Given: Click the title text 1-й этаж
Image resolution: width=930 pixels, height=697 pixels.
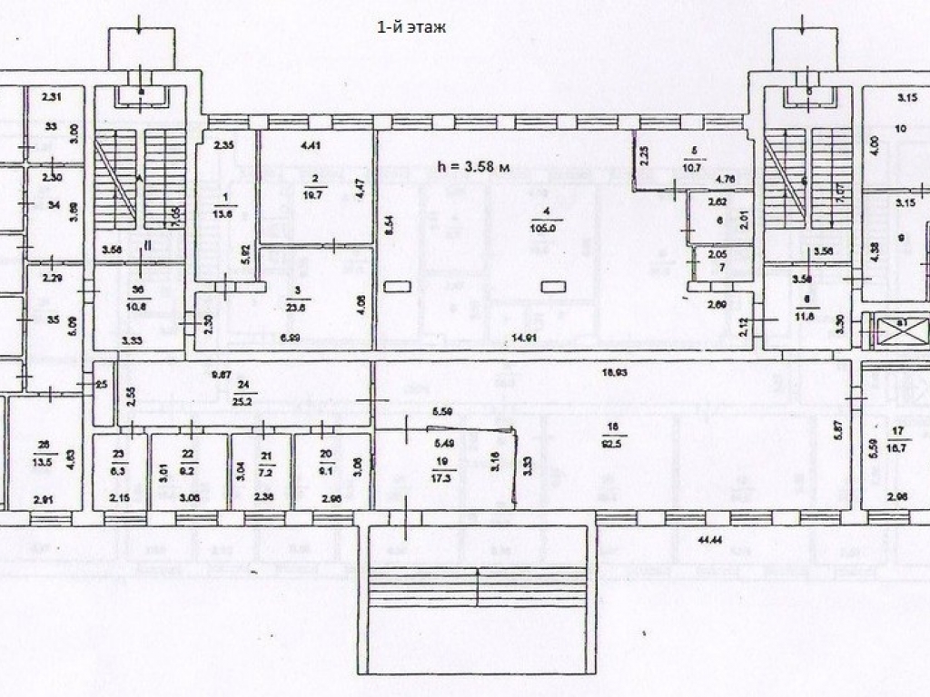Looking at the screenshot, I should coord(411,27).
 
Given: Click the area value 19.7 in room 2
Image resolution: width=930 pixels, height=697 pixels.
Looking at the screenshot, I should coord(314,191).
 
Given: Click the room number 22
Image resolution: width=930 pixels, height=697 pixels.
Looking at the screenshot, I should coord(189,454).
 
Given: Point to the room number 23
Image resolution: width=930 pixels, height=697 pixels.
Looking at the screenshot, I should coord(118,454).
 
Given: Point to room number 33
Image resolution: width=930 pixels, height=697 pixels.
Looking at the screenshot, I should coord(52,126).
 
